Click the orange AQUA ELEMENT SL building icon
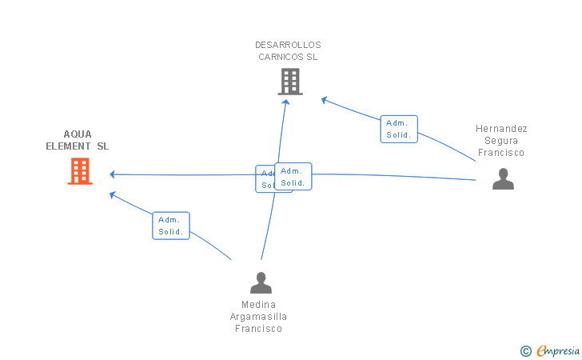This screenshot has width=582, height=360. pos(79,170)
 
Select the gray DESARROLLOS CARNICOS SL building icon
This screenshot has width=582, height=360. pos(289,81)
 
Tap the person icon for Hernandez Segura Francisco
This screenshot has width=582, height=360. pos(503,178)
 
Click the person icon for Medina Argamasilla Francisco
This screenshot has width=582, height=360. pos(261,282)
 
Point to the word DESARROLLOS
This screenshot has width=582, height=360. pos(288,45)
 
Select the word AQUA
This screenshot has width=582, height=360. pos(78,134)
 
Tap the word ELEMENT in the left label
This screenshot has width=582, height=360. pos(68,146)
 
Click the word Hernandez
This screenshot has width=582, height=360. pos(501,129)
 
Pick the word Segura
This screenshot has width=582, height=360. pos(501,141)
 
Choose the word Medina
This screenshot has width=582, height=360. pos(258,305)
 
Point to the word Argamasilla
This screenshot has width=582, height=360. pos(258,317)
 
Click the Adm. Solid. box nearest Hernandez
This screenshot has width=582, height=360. pos(398,129)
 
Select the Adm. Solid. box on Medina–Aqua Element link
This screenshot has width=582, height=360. pos(170,226)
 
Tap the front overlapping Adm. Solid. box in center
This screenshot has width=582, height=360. pos(293,176)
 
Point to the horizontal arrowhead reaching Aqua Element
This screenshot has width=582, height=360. pos(114,174)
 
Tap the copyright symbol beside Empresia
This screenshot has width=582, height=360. pos(526,350)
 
